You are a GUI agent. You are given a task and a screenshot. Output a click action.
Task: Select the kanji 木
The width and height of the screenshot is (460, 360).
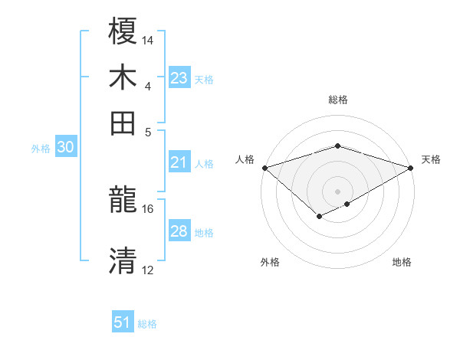123,77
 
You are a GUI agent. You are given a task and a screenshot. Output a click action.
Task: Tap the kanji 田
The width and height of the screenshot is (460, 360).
123,123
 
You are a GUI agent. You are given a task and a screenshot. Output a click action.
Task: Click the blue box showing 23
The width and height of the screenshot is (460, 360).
179,78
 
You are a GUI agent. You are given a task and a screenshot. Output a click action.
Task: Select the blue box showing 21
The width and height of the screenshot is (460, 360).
179,162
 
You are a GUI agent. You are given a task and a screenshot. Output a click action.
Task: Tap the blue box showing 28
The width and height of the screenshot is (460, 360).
179,231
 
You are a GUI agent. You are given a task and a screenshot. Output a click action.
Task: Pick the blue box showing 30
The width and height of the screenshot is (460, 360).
65,148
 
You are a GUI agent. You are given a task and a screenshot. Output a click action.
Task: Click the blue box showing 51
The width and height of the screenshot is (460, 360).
123,322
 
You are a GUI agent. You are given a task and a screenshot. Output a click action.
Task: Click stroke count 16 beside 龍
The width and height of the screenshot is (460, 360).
148,208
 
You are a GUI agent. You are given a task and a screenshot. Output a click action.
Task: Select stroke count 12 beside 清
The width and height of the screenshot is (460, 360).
148,270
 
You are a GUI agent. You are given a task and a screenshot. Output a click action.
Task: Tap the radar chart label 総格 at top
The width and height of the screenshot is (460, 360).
337,100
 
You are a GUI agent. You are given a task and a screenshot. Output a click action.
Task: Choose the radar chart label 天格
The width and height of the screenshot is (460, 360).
432,159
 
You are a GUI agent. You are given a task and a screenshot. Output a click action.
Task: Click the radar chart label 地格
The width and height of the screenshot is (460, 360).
402,262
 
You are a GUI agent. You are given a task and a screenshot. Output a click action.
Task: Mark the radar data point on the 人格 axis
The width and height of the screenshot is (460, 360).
264,167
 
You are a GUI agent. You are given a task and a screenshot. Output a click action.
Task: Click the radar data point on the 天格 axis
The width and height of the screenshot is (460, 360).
411,167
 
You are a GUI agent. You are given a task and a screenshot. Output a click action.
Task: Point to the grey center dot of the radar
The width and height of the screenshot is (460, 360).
337,191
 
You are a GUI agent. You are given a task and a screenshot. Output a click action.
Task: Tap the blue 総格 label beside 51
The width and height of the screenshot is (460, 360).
147,324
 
